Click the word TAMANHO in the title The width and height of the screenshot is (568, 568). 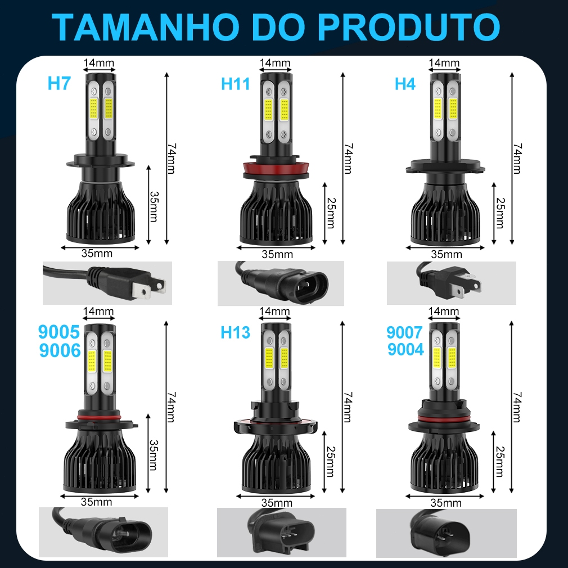pyautogui.click(x=146, y=28)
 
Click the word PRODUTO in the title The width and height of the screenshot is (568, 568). pyautogui.click(x=410, y=28)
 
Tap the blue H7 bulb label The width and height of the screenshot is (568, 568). pyautogui.click(x=59, y=83)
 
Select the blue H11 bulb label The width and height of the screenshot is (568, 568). pyautogui.click(x=236, y=84)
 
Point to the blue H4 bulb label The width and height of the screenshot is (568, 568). pyautogui.click(x=405, y=84)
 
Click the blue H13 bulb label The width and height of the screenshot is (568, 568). pyautogui.click(x=236, y=332)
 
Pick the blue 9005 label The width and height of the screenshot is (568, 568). pyautogui.click(x=58, y=331)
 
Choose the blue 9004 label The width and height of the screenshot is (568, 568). pyautogui.click(x=405, y=350)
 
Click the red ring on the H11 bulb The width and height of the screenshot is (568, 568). pyautogui.click(x=276, y=168)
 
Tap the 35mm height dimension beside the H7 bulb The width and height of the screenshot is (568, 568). pyautogui.click(x=154, y=206)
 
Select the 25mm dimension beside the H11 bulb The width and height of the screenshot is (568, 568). pyautogui.click(x=330, y=213)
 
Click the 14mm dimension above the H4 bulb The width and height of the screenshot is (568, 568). pyautogui.click(x=444, y=62)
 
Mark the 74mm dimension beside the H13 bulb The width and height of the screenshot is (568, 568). pyautogui.click(x=348, y=407)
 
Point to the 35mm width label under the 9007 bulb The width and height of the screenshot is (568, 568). pyautogui.click(x=446, y=503)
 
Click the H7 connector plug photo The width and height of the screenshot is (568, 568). pyautogui.click(x=107, y=283)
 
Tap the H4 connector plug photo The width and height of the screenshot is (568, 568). pyautogui.click(x=452, y=283)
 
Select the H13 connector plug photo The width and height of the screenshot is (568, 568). pyautogui.click(x=281, y=533)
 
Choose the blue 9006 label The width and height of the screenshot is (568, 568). pyautogui.click(x=60, y=350)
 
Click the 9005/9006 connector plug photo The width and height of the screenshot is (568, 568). pyautogui.click(x=103, y=532)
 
